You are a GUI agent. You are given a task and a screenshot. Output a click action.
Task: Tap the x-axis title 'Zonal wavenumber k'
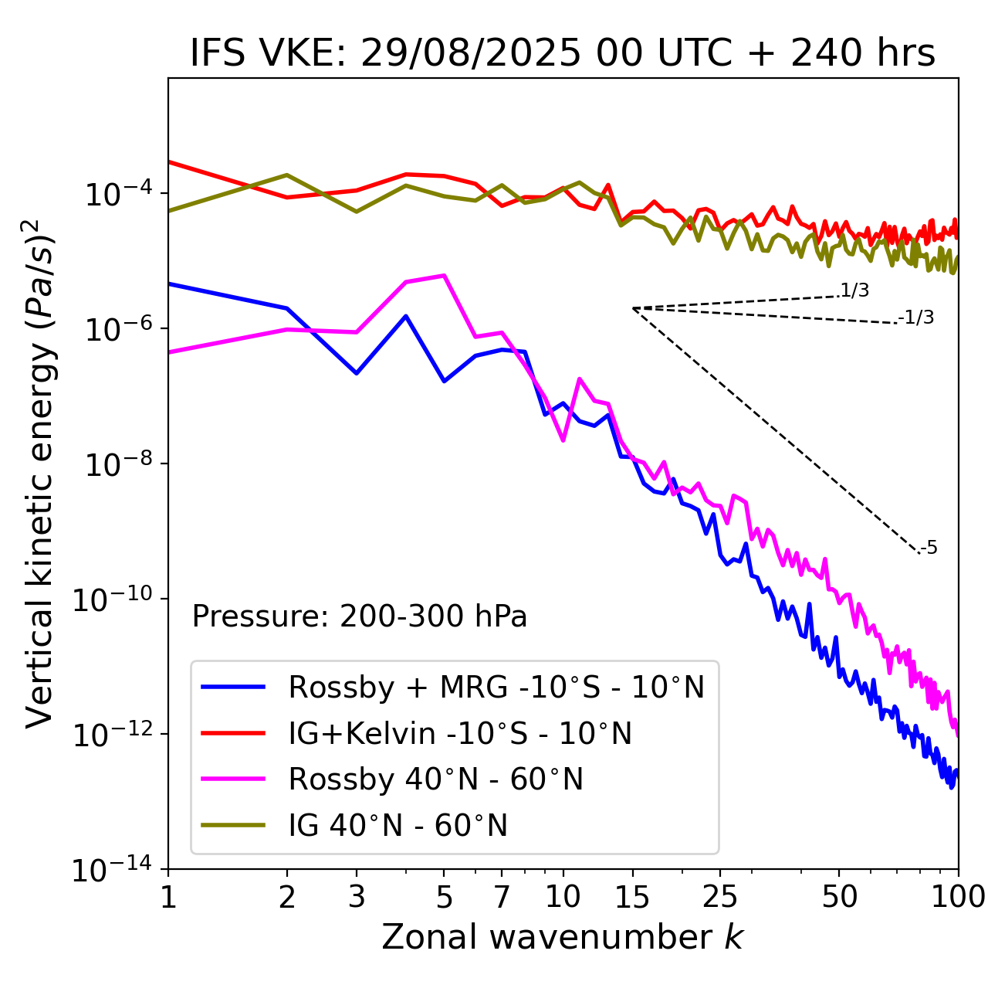pyautogui.click(x=562, y=936)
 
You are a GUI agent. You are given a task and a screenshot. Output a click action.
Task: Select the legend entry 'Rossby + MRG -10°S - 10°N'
pyautogui.click(x=496, y=687)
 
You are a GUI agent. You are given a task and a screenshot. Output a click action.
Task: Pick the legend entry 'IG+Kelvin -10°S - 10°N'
pyautogui.click(x=460, y=733)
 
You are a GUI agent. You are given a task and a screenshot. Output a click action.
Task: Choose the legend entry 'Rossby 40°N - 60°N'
pyautogui.click(x=435, y=779)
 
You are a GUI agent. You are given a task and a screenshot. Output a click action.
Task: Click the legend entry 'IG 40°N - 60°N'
pyautogui.click(x=398, y=826)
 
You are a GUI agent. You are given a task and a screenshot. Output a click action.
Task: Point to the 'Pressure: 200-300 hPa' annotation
pyautogui.click(x=359, y=616)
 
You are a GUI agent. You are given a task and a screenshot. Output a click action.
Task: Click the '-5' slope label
pyautogui.click(x=929, y=548)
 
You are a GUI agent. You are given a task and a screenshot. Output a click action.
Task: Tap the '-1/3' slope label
pyautogui.click(x=916, y=318)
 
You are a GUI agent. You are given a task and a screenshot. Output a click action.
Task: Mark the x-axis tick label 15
pyautogui.click(x=632, y=897)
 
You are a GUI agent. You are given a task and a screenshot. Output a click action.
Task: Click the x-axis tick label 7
pyautogui.click(x=502, y=897)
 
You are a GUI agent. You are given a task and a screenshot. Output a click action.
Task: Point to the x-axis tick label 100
pyautogui.click(x=958, y=897)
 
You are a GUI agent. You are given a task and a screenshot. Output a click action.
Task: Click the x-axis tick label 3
pyautogui.click(x=357, y=897)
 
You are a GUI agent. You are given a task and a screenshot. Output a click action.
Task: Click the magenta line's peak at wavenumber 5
pyautogui.click(x=444, y=275)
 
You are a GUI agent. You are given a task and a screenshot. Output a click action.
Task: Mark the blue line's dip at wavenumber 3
pyautogui.click(x=357, y=373)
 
